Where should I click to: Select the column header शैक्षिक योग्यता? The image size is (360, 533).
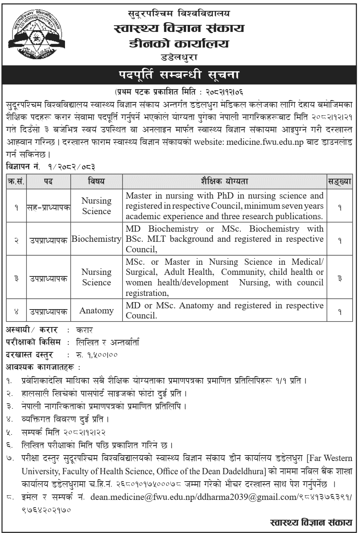click(224, 181)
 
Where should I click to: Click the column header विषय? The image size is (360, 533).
click(96, 181)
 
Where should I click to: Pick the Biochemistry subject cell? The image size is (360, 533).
click(96, 239)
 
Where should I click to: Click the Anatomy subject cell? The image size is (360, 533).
click(96, 310)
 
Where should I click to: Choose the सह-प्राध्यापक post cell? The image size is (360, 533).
click(48, 207)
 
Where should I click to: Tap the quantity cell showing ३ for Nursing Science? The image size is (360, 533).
click(340, 279)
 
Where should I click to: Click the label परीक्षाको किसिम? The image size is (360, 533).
click(33, 342)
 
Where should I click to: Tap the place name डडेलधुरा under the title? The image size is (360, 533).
click(179, 58)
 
